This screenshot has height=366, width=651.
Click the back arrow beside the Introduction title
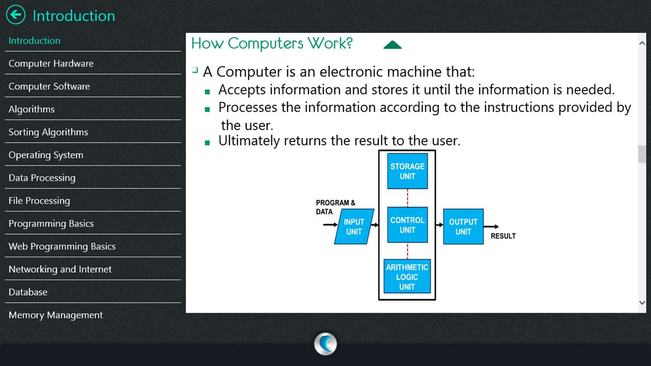(16, 15)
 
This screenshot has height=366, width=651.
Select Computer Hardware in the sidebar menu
(51, 63)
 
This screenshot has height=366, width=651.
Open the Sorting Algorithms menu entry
(48, 132)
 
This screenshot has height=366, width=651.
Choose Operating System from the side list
(46, 155)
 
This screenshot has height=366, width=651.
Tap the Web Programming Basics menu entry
(62, 246)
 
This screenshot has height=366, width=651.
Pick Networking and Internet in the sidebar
(60, 269)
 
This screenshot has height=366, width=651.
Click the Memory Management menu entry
(56, 315)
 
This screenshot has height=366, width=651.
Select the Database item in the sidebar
(28, 292)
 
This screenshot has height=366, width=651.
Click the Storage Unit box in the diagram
(407, 171)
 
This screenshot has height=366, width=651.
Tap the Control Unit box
(407, 225)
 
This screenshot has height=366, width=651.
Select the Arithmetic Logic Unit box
(407, 277)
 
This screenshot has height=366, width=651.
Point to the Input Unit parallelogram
(354, 226)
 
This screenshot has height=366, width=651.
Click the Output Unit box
(463, 226)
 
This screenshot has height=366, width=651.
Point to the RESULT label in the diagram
(503, 236)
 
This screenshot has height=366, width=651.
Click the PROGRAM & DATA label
(335, 207)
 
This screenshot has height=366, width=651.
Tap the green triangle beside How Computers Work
(392, 44)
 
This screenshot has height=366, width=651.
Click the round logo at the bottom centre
(325, 343)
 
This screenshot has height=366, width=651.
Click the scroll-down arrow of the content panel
(642, 303)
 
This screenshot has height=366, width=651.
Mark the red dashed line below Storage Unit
(407, 197)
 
